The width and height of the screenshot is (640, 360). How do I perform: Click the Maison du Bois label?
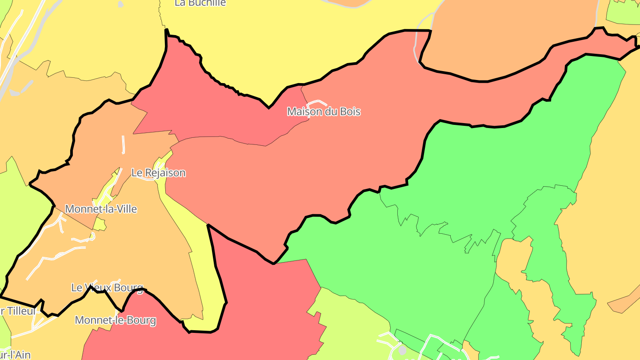coord(324,112)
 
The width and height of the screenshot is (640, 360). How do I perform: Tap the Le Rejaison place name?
coord(158,172)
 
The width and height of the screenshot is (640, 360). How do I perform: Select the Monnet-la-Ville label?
coord(101,209)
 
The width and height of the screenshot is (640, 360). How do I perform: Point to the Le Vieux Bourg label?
coord(107,288)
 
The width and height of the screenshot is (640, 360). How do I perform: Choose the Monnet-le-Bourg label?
coord(115,320)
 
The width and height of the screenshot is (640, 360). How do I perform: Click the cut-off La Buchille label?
coord(200,3)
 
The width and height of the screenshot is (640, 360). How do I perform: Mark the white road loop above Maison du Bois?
coord(317,103)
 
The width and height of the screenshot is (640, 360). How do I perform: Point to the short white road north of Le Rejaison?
coord(123,144)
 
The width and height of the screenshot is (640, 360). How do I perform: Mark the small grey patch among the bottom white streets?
coord(403,350)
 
